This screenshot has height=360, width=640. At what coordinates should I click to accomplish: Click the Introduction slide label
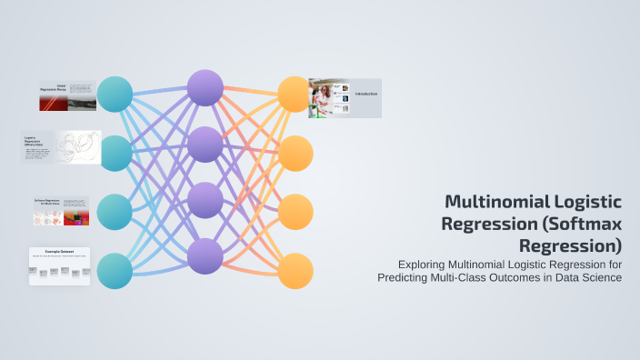(366, 94)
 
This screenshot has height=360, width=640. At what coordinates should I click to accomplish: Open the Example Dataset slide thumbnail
(59, 265)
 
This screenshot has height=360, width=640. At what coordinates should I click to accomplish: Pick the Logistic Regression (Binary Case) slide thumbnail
(61, 147)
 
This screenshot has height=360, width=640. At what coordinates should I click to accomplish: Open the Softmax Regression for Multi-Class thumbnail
(61, 211)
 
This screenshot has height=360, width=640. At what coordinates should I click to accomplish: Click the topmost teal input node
(115, 95)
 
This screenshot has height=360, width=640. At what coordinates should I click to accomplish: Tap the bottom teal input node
(115, 271)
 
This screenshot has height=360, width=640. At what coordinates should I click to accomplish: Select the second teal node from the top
(115, 154)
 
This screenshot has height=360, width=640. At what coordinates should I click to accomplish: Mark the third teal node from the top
(115, 212)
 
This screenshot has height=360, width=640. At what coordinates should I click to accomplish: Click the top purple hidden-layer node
(205, 87)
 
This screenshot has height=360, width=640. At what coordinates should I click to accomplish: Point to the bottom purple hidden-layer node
(205, 256)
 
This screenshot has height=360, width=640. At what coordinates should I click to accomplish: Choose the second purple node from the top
(205, 144)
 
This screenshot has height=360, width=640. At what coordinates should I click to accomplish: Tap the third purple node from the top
(205, 200)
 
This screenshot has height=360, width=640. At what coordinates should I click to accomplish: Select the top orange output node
(295, 95)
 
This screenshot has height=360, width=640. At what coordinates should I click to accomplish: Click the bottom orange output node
(295, 271)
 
